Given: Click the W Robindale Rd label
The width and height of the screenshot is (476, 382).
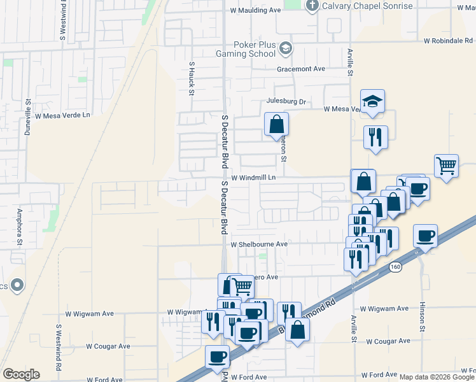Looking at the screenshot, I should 449,41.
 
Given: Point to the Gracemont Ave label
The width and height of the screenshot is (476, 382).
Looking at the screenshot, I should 300,69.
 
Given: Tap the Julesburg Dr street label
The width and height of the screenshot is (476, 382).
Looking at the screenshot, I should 286,101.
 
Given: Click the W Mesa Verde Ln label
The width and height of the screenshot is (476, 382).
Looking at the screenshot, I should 63,116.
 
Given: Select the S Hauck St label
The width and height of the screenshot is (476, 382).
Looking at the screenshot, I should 191,78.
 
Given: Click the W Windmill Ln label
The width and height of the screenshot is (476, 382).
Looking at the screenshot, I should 253,178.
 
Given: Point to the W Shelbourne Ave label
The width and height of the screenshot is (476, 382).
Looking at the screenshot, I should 259,244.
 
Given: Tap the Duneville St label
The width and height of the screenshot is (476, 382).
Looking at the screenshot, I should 28,118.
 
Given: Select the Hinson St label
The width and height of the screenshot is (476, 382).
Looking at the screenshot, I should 421,317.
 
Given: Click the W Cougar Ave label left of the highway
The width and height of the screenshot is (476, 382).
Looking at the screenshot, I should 108,347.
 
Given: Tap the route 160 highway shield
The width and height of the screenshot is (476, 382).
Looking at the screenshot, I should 396,267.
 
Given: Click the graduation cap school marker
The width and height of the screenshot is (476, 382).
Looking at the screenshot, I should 372,101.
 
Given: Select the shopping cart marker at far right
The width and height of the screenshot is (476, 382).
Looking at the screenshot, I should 447,166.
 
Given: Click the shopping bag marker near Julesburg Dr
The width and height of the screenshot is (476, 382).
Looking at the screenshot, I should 277,124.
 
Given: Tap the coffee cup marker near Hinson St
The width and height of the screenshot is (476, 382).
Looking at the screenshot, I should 425,236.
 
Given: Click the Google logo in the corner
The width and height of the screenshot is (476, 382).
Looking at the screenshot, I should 21,374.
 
